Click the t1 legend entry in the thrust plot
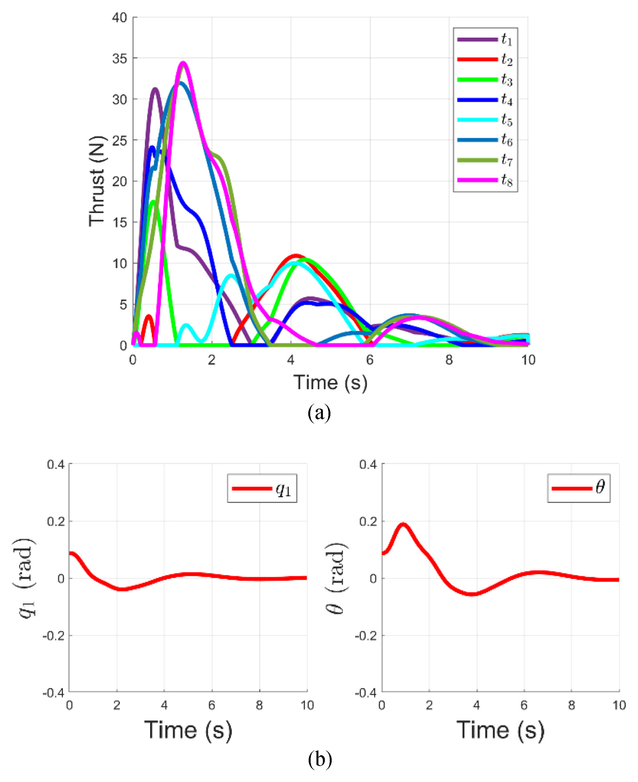[485, 39]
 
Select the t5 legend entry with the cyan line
[485, 119]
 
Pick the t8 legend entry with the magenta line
[485, 180]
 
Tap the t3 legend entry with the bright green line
[485, 80]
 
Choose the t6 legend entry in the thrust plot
[485, 140]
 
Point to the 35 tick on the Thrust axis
[120, 59]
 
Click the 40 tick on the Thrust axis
[120, 18]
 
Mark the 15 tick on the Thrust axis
[120, 222]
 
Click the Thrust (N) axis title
[97, 181]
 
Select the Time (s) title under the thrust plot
[330, 382]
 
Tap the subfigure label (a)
[319, 412]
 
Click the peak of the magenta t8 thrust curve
[183, 63]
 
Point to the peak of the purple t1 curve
[155, 89]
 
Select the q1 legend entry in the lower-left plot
[262, 489]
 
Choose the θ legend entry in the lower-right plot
[578, 488]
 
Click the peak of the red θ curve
[403, 525]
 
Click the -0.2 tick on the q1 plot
[53, 636]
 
